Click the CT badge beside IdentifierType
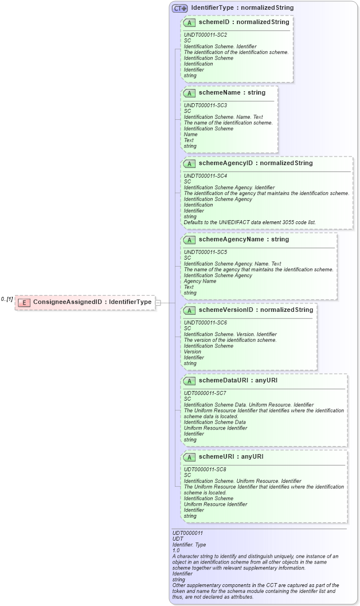[180, 8]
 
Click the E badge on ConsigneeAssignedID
[24, 302]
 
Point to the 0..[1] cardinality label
[7, 299]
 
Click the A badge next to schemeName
[189, 93]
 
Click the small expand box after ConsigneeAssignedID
[158, 302]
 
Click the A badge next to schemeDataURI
[189, 381]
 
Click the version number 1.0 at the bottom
[176, 550]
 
